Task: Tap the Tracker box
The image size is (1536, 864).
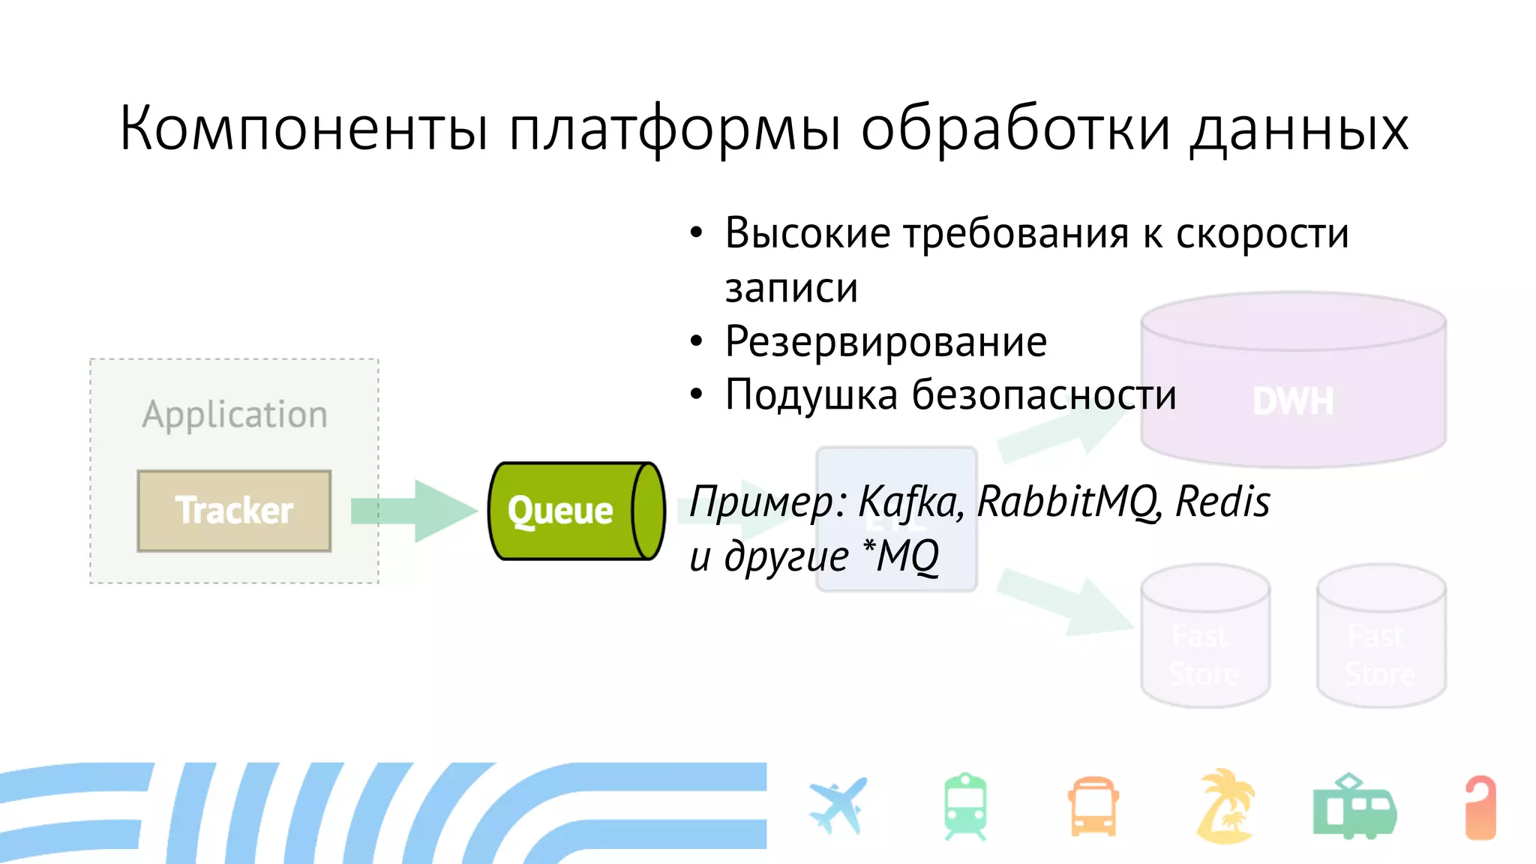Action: [x=234, y=511]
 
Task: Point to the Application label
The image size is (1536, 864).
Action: [x=235, y=415]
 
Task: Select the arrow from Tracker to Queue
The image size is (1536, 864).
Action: [x=412, y=511]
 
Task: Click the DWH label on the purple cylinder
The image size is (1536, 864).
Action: [x=1294, y=401]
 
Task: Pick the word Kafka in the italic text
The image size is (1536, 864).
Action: [x=910, y=502]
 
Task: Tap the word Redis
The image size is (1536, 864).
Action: [x=1222, y=501]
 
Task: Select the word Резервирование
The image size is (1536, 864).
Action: [x=886, y=342]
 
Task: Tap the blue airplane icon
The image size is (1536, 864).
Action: [x=838, y=806]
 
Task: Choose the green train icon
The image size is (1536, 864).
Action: [x=965, y=807]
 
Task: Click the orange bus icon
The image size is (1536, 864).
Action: [x=1093, y=807]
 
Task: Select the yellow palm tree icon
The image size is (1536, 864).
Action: [x=1225, y=806]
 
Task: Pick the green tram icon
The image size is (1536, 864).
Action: [x=1354, y=807]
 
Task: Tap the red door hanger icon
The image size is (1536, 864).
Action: [x=1480, y=807]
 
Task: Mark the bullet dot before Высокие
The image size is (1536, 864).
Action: [x=697, y=233]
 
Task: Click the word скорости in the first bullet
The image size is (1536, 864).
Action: [x=1262, y=233]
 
